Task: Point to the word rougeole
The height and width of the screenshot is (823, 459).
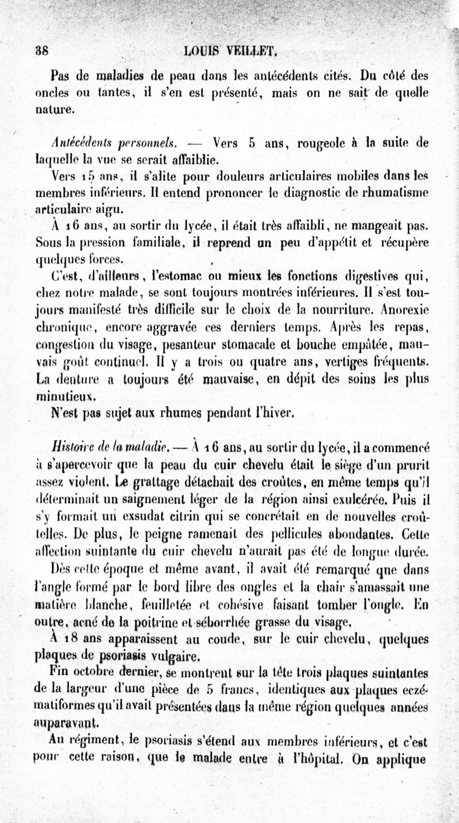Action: [x=306, y=141]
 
